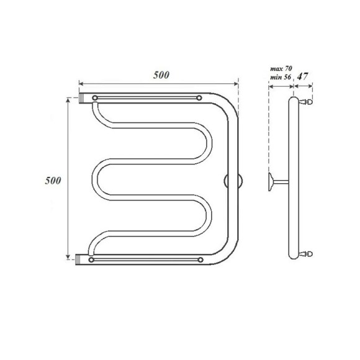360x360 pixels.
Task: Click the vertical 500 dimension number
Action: coord(53,181)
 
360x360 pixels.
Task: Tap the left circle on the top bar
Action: coord(94,98)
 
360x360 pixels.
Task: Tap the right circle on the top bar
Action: coord(199,98)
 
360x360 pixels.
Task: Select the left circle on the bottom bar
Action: coord(93,259)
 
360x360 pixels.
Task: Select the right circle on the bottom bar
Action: coord(199,259)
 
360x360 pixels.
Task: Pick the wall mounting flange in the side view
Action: coord(271,181)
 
